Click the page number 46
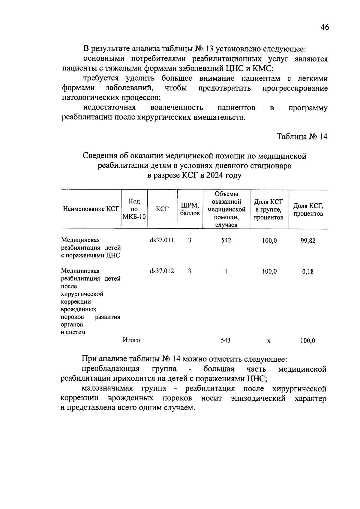325,27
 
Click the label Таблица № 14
302,136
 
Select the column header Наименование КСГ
91,209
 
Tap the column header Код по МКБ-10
134,209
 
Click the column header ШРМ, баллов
190,209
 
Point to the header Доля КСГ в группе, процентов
268,209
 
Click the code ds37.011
162,240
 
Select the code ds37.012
162,271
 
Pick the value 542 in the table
226,240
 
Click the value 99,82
308,241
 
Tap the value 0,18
308,272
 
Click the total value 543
226,340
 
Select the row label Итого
131,340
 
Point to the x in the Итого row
269,341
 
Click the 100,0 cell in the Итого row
308,341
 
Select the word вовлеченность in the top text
177,107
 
